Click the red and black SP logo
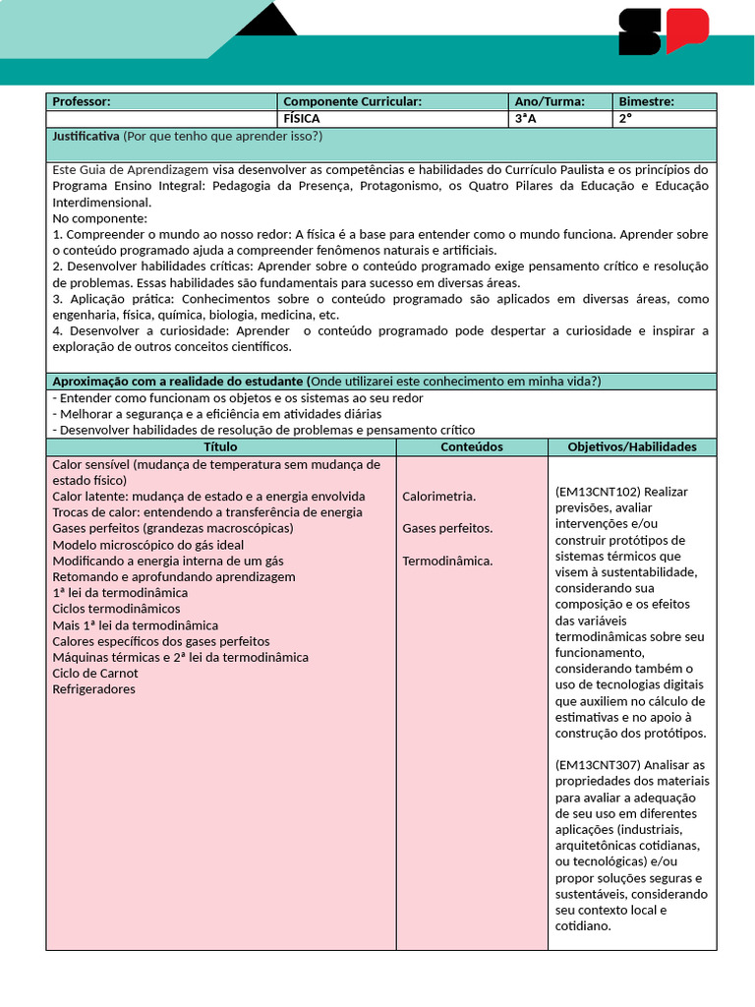(x=663, y=31)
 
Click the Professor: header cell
(x=82, y=101)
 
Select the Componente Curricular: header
(x=352, y=101)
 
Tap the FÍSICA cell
(x=302, y=118)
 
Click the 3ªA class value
(x=526, y=118)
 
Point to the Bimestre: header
(x=646, y=101)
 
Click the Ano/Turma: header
(x=550, y=101)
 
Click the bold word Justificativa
(x=86, y=136)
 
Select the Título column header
(x=220, y=446)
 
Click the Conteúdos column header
(x=471, y=446)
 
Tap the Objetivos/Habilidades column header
(x=632, y=446)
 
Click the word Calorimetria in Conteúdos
(x=438, y=497)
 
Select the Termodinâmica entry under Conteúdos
(x=447, y=562)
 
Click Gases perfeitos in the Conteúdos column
(x=447, y=529)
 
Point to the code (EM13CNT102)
(x=598, y=492)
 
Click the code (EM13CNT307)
(x=598, y=765)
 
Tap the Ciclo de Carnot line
(x=95, y=674)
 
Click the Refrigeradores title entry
(x=93, y=689)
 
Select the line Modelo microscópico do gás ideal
(x=147, y=545)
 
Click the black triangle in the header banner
(x=266, y=20)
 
